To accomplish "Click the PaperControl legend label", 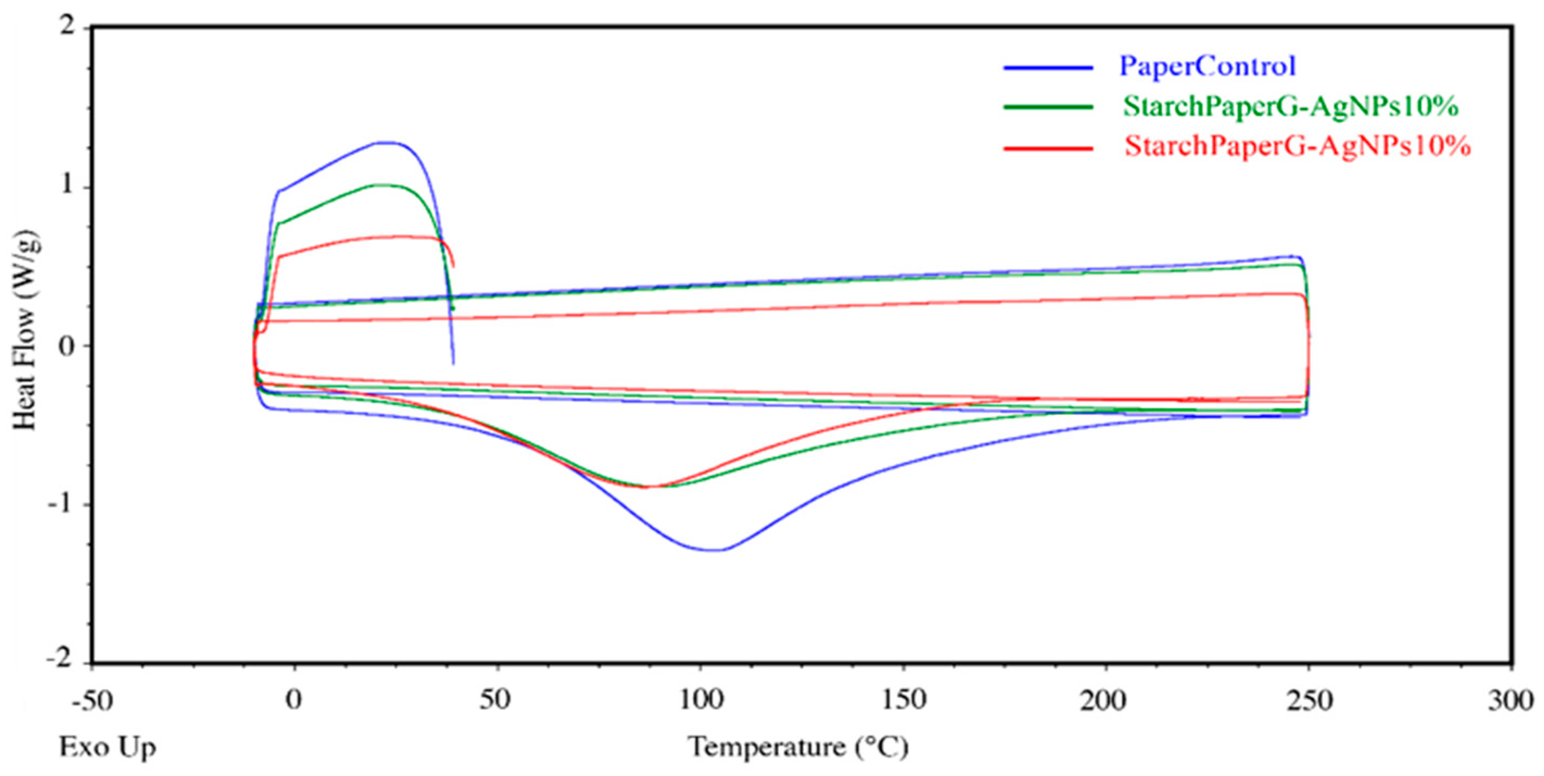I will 1207,66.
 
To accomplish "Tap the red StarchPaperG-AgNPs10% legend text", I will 1297,146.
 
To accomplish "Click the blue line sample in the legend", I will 1049,68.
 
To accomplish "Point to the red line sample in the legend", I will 1049,148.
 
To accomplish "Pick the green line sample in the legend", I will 1049,108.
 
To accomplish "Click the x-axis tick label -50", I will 92,701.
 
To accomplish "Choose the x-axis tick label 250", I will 1309,701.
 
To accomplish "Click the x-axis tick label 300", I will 1510,701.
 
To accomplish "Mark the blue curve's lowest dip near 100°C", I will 713,550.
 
